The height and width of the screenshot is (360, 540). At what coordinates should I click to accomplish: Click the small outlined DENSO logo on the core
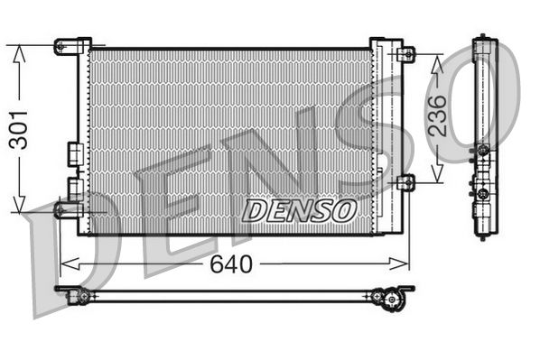[x=299, y=211]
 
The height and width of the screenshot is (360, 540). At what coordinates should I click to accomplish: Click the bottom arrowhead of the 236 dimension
[x=438, y=177]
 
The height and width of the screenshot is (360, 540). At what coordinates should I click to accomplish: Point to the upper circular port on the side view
[x=483, y=149]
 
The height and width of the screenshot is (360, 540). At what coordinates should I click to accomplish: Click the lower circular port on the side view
[x=483, y=193]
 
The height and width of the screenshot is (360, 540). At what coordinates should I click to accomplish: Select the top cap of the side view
[x=485, y=41]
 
